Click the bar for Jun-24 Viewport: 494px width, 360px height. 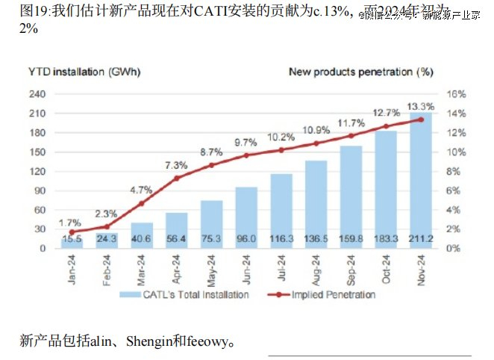point(246,217)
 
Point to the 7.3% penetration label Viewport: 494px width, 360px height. point(176,165)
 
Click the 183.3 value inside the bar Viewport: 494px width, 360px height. point(386,239)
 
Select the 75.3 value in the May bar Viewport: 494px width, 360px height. point(211,239)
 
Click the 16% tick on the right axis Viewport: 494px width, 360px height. point(456,94)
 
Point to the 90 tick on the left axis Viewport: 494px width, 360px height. point(40,190)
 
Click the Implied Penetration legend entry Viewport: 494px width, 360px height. point(331,294)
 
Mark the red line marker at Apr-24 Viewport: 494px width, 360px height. point(177,179)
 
